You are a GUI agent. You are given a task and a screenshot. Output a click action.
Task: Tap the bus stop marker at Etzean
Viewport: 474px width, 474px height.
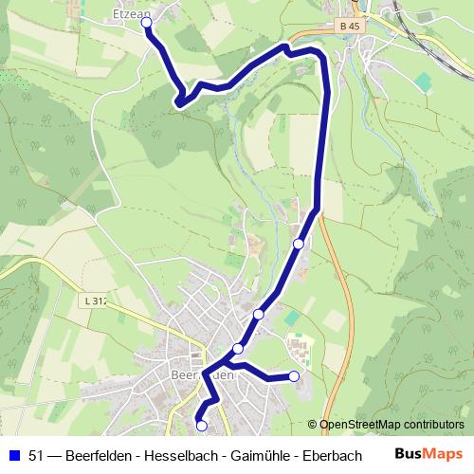(x=147, y=24)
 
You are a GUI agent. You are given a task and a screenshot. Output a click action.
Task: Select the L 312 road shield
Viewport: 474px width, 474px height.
(x=95, y=301)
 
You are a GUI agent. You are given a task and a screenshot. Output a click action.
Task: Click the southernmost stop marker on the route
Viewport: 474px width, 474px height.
(x=200, y=425)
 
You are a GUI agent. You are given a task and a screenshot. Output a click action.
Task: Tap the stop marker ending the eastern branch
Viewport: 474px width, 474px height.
(x=294, y=376)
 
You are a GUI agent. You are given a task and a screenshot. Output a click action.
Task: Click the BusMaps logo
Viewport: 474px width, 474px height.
(x=429, y=454)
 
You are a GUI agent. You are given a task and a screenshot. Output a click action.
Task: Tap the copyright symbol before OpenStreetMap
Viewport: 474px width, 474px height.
(x=313, y=426)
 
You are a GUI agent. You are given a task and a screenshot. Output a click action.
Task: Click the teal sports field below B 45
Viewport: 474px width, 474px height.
(x=420, y=82)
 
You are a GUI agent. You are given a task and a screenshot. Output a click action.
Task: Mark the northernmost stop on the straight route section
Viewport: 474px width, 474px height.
(x=299, y=244)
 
